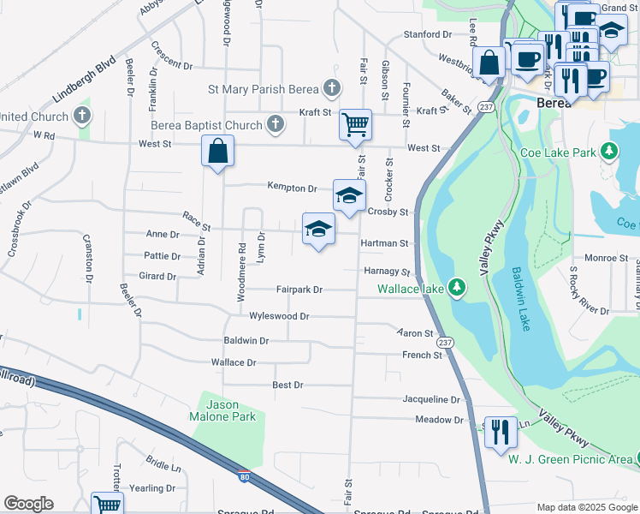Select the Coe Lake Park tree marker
609,152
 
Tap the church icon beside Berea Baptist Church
275,125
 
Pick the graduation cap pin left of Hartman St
318,229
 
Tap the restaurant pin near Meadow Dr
501,430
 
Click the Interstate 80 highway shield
245,476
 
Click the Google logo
28,504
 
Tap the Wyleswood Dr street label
279,316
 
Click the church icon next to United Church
82,114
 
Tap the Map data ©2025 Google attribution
586,507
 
